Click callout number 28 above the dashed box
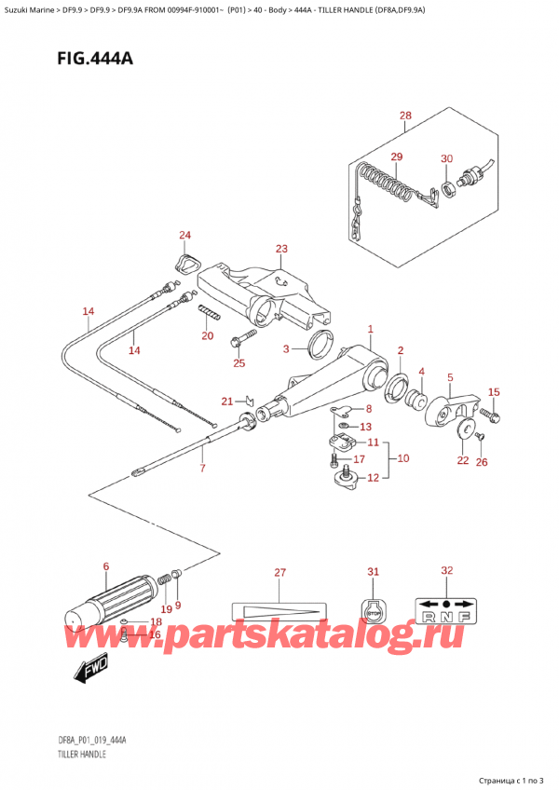(404, 116)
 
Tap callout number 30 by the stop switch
(446, 158)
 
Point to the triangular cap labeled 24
(186, 263)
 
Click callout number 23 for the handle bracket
(281, 249)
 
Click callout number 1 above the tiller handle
(370, 329)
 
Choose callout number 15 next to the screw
(494, 392)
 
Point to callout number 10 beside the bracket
(402, 458)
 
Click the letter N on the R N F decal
(447, 615)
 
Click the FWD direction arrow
(88, 668)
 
